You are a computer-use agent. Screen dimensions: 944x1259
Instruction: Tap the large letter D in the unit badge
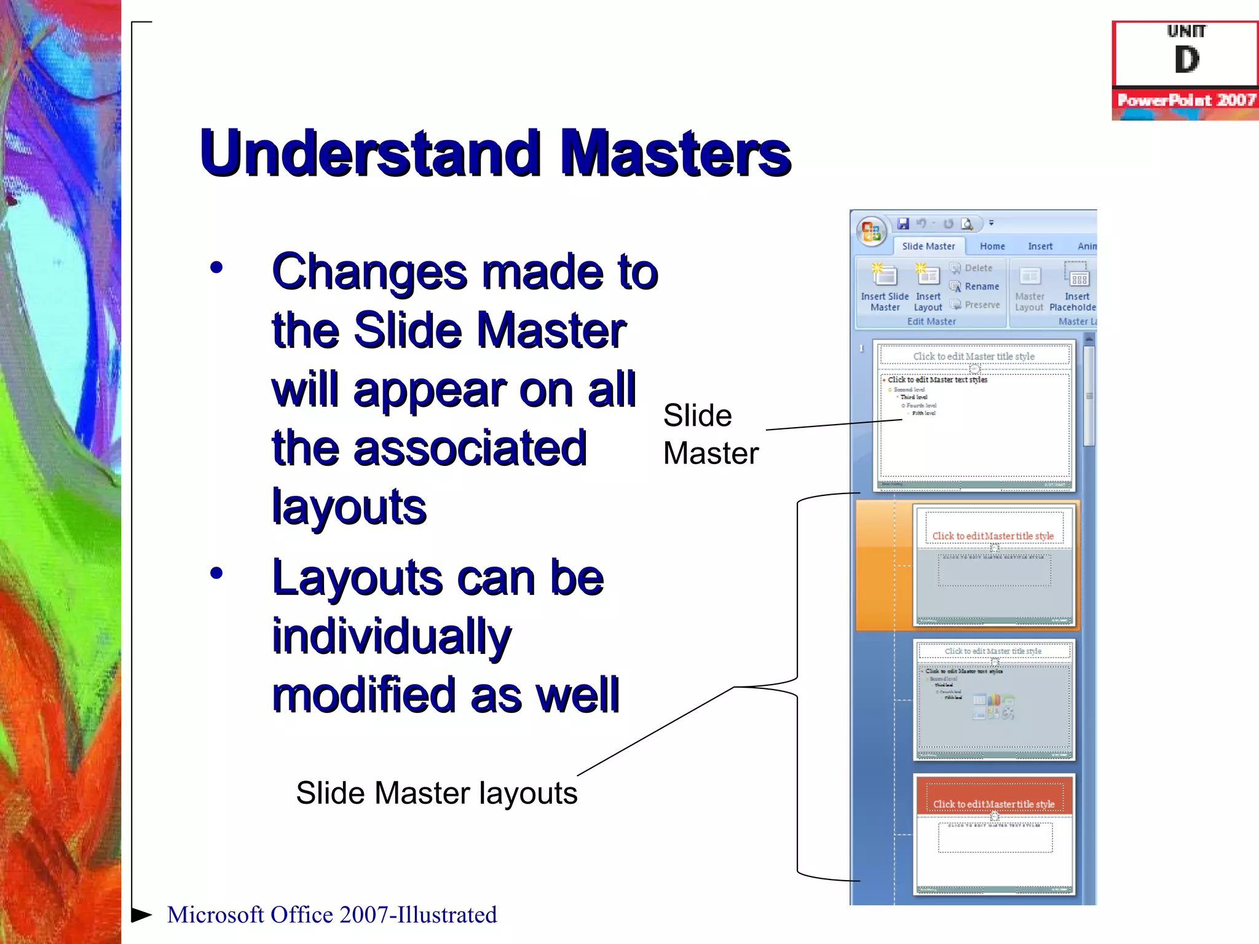click(x=1186, y=60)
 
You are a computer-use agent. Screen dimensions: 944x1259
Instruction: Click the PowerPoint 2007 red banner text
click(x=1186, y=100)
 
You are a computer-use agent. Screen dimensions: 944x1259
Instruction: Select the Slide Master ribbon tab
click(x=928, y=246)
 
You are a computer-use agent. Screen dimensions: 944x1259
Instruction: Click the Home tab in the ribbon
click(x=992, y=246)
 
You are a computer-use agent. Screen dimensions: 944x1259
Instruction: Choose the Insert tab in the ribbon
click(x=1040, y=246)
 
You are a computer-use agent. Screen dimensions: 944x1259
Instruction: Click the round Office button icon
click(x=871, y=232)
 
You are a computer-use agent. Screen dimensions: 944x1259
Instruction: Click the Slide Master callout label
click(x=710, y=435)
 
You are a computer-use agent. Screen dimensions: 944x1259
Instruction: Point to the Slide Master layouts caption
click(x=436, y=793)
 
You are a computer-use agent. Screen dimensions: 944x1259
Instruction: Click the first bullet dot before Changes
click(x=216, y=268)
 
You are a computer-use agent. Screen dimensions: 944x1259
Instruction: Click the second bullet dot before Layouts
click(x=216, y=573)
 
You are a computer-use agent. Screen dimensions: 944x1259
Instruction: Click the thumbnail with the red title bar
click(x=994, y=834)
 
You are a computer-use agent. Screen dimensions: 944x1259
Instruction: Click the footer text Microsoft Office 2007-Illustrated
click(x=332, y=914)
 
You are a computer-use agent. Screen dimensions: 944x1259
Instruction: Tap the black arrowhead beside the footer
click(x=141, y=914)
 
